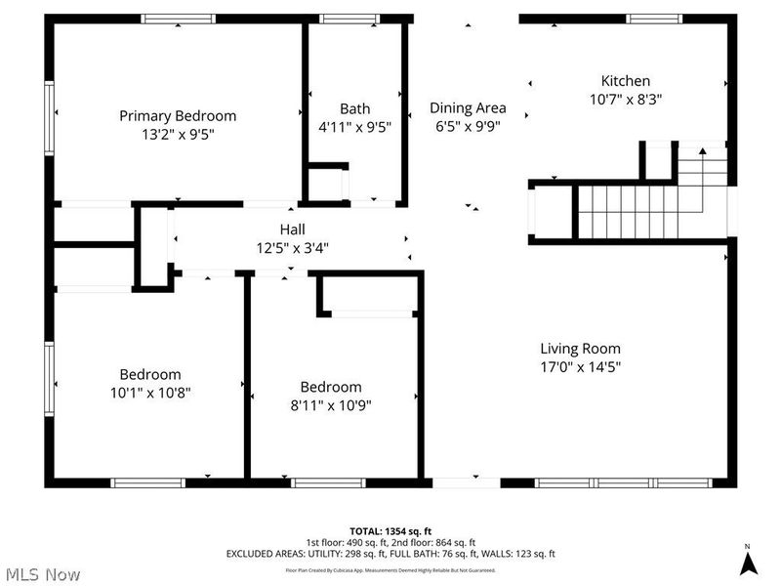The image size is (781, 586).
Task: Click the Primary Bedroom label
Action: coord(177,115)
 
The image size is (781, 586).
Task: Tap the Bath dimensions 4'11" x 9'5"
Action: coord(354,126)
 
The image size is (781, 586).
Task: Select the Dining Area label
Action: coord(468,108)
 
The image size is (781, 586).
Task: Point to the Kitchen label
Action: coord(625,81)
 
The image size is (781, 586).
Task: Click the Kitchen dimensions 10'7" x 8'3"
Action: coord(625,99)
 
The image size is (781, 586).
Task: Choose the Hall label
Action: coord(267,230)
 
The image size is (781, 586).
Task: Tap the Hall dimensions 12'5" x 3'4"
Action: coord(267,247)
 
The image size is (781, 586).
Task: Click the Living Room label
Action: coord(580,349)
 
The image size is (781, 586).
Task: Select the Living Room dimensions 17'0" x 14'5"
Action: coord(580,367)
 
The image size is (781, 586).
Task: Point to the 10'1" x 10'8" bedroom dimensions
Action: coord(149,392)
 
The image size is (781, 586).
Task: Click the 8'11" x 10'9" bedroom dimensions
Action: coord(330,404)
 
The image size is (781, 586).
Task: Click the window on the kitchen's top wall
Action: coord(654,18)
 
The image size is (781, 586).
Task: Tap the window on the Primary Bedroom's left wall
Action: coord(49,113)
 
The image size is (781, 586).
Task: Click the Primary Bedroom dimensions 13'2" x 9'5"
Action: coord(177,134)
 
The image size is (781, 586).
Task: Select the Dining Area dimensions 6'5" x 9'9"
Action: coord(468,126)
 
